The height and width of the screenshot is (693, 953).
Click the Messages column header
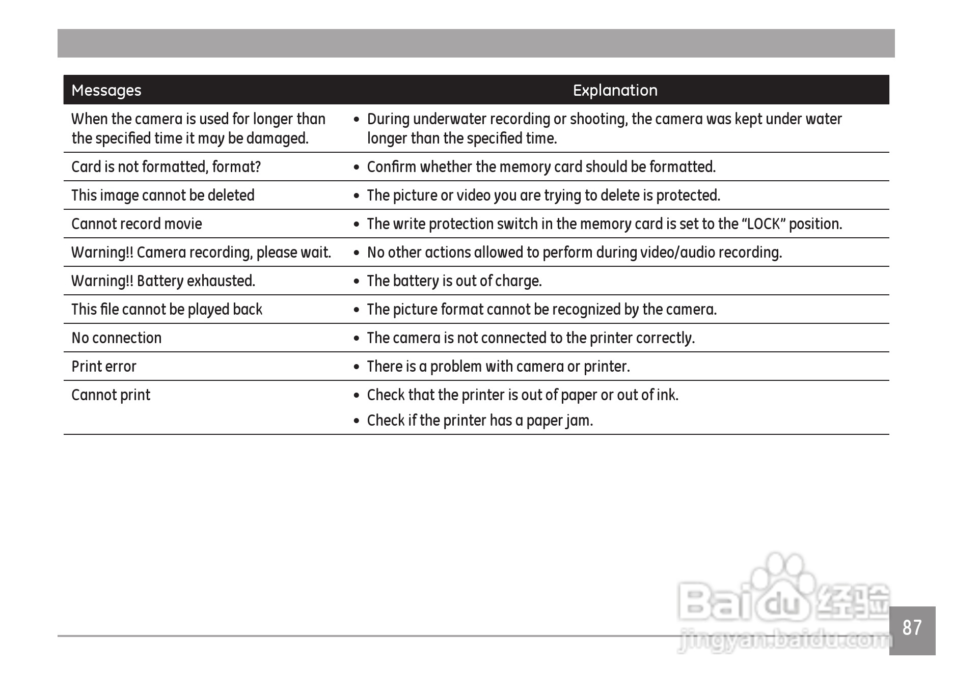click(x=106, y=91)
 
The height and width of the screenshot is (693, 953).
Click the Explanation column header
click(x=615, y=91)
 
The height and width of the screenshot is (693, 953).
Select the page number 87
click(x=912, y=628)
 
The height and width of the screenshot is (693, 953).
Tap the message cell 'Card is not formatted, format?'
click(x=166, y=167)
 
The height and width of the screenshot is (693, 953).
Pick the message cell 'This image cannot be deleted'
click(x=163, y=196)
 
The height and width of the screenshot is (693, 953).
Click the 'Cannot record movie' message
click(x=137, y=224)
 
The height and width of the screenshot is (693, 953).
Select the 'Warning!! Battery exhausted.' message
click(x=163, y=281)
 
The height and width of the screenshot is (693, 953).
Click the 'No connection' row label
click(x=117, y=338)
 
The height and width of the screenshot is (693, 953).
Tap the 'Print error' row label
click(x=104, y=367)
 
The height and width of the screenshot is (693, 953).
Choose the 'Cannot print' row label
click(x=111, y=395)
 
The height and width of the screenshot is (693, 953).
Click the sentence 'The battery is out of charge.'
click(x=454, y=281)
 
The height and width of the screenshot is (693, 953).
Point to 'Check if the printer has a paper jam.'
click(x=480, y=421)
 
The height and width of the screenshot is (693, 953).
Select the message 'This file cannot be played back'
click(x=167, y=310)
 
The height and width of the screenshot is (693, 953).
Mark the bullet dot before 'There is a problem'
click(x=357, y=367)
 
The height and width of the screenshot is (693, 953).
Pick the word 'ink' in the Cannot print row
click(x=669, y=395)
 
